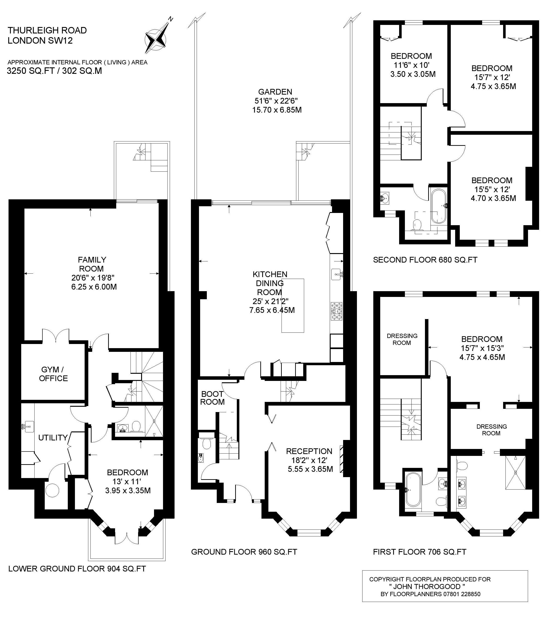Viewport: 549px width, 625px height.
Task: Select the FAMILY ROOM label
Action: [92, 264]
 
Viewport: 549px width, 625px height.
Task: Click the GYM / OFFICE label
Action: [53, 374]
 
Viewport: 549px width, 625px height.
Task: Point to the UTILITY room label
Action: [53, 438]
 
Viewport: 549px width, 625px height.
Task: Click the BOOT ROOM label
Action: [212, 398]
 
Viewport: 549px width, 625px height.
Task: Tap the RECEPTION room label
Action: [309, 451]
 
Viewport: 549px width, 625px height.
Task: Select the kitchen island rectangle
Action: [293, 305]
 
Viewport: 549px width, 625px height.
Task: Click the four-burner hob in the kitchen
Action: [336, 311]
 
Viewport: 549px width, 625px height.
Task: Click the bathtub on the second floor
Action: [439, 206]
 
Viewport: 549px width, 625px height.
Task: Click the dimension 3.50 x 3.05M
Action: [413, 74]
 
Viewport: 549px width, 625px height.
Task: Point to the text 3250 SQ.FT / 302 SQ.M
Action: [54, 71]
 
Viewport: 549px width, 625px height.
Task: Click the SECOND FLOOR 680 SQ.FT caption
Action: [425, 260]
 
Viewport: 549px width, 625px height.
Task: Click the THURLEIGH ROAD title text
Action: [47, 30]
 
